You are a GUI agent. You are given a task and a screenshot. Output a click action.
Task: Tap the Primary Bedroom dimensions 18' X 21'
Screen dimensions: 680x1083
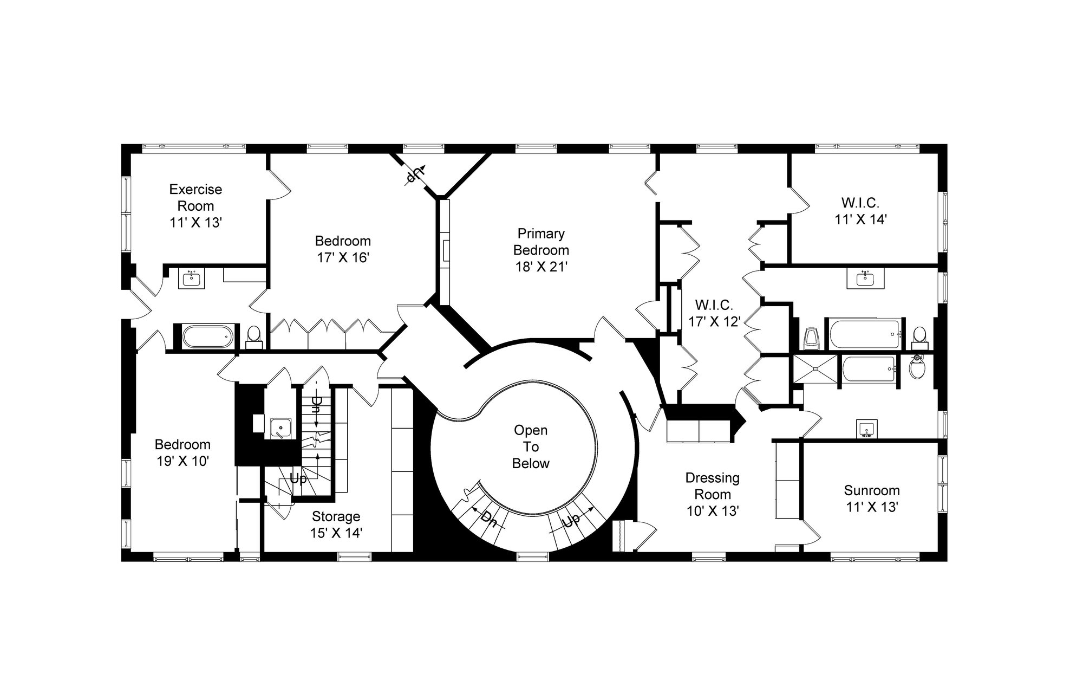point(541,267)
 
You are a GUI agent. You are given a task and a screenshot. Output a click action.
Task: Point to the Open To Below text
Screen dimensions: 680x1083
point(531,446)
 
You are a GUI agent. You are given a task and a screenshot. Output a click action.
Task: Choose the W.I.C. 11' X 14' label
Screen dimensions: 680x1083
point(860,211)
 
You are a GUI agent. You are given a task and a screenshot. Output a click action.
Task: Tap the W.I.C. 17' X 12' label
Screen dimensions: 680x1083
point(714,313)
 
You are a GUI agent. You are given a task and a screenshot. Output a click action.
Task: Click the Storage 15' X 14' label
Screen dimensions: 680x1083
point(336,524)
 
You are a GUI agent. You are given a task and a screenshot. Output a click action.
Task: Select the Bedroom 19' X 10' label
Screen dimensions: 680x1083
point(182,452)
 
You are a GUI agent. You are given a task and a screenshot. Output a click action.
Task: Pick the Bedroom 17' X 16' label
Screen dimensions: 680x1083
point(343,249)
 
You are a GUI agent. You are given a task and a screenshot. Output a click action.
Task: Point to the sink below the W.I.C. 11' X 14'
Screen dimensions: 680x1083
point(865,279)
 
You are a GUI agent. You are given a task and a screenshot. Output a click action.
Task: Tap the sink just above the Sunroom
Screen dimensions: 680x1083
point(867,429)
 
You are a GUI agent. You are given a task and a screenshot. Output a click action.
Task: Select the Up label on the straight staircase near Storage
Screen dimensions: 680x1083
point(298,479)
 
